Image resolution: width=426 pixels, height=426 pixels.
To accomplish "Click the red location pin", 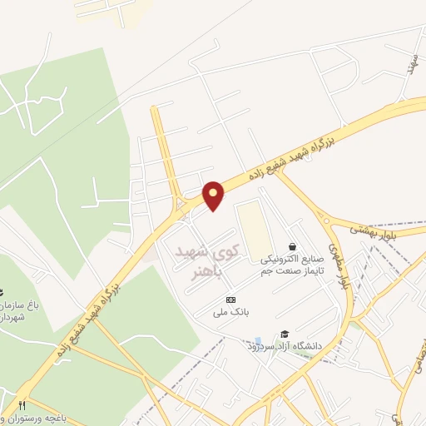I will pos(215,195).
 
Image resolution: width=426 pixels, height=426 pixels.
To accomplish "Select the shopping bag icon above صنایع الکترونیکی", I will pos(292,246).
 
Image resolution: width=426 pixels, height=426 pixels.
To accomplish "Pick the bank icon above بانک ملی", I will pos(230,300).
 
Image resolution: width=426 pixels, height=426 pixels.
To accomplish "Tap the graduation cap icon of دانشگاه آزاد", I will pos(285,333).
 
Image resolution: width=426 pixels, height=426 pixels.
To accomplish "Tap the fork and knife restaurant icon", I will pos(22,404).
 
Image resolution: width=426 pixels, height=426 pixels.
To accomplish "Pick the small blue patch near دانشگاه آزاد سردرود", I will pos(258,342).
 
